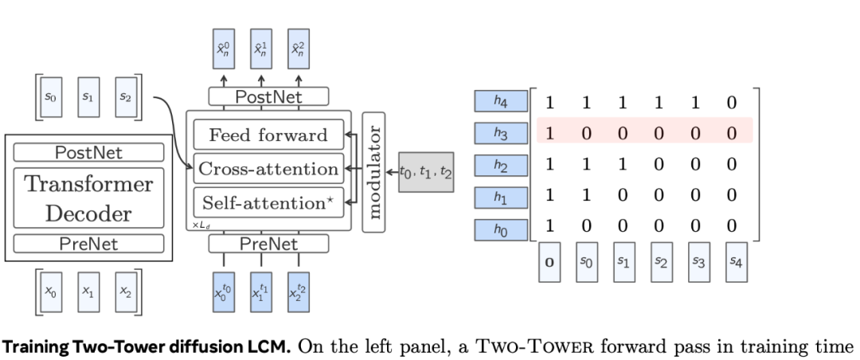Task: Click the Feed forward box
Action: (x=268, y=135)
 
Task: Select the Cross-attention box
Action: (x=268, y=169)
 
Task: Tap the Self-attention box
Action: (x=268, y=203)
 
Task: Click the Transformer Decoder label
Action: (x=88, y=198)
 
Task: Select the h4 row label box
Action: (x=501, y=101)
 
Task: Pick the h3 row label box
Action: (x=501, y=134)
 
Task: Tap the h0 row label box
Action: (x=501, y=230)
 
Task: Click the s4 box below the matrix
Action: (x=737, y=263)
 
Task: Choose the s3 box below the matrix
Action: (x=698, y=263)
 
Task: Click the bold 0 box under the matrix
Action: (x=549, y=263)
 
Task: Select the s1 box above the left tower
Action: (x=88, y=96)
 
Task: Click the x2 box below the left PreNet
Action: (x=126, y=292)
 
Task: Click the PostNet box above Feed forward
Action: (x=268, y=97)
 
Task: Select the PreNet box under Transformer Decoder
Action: (x=88, y=243)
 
